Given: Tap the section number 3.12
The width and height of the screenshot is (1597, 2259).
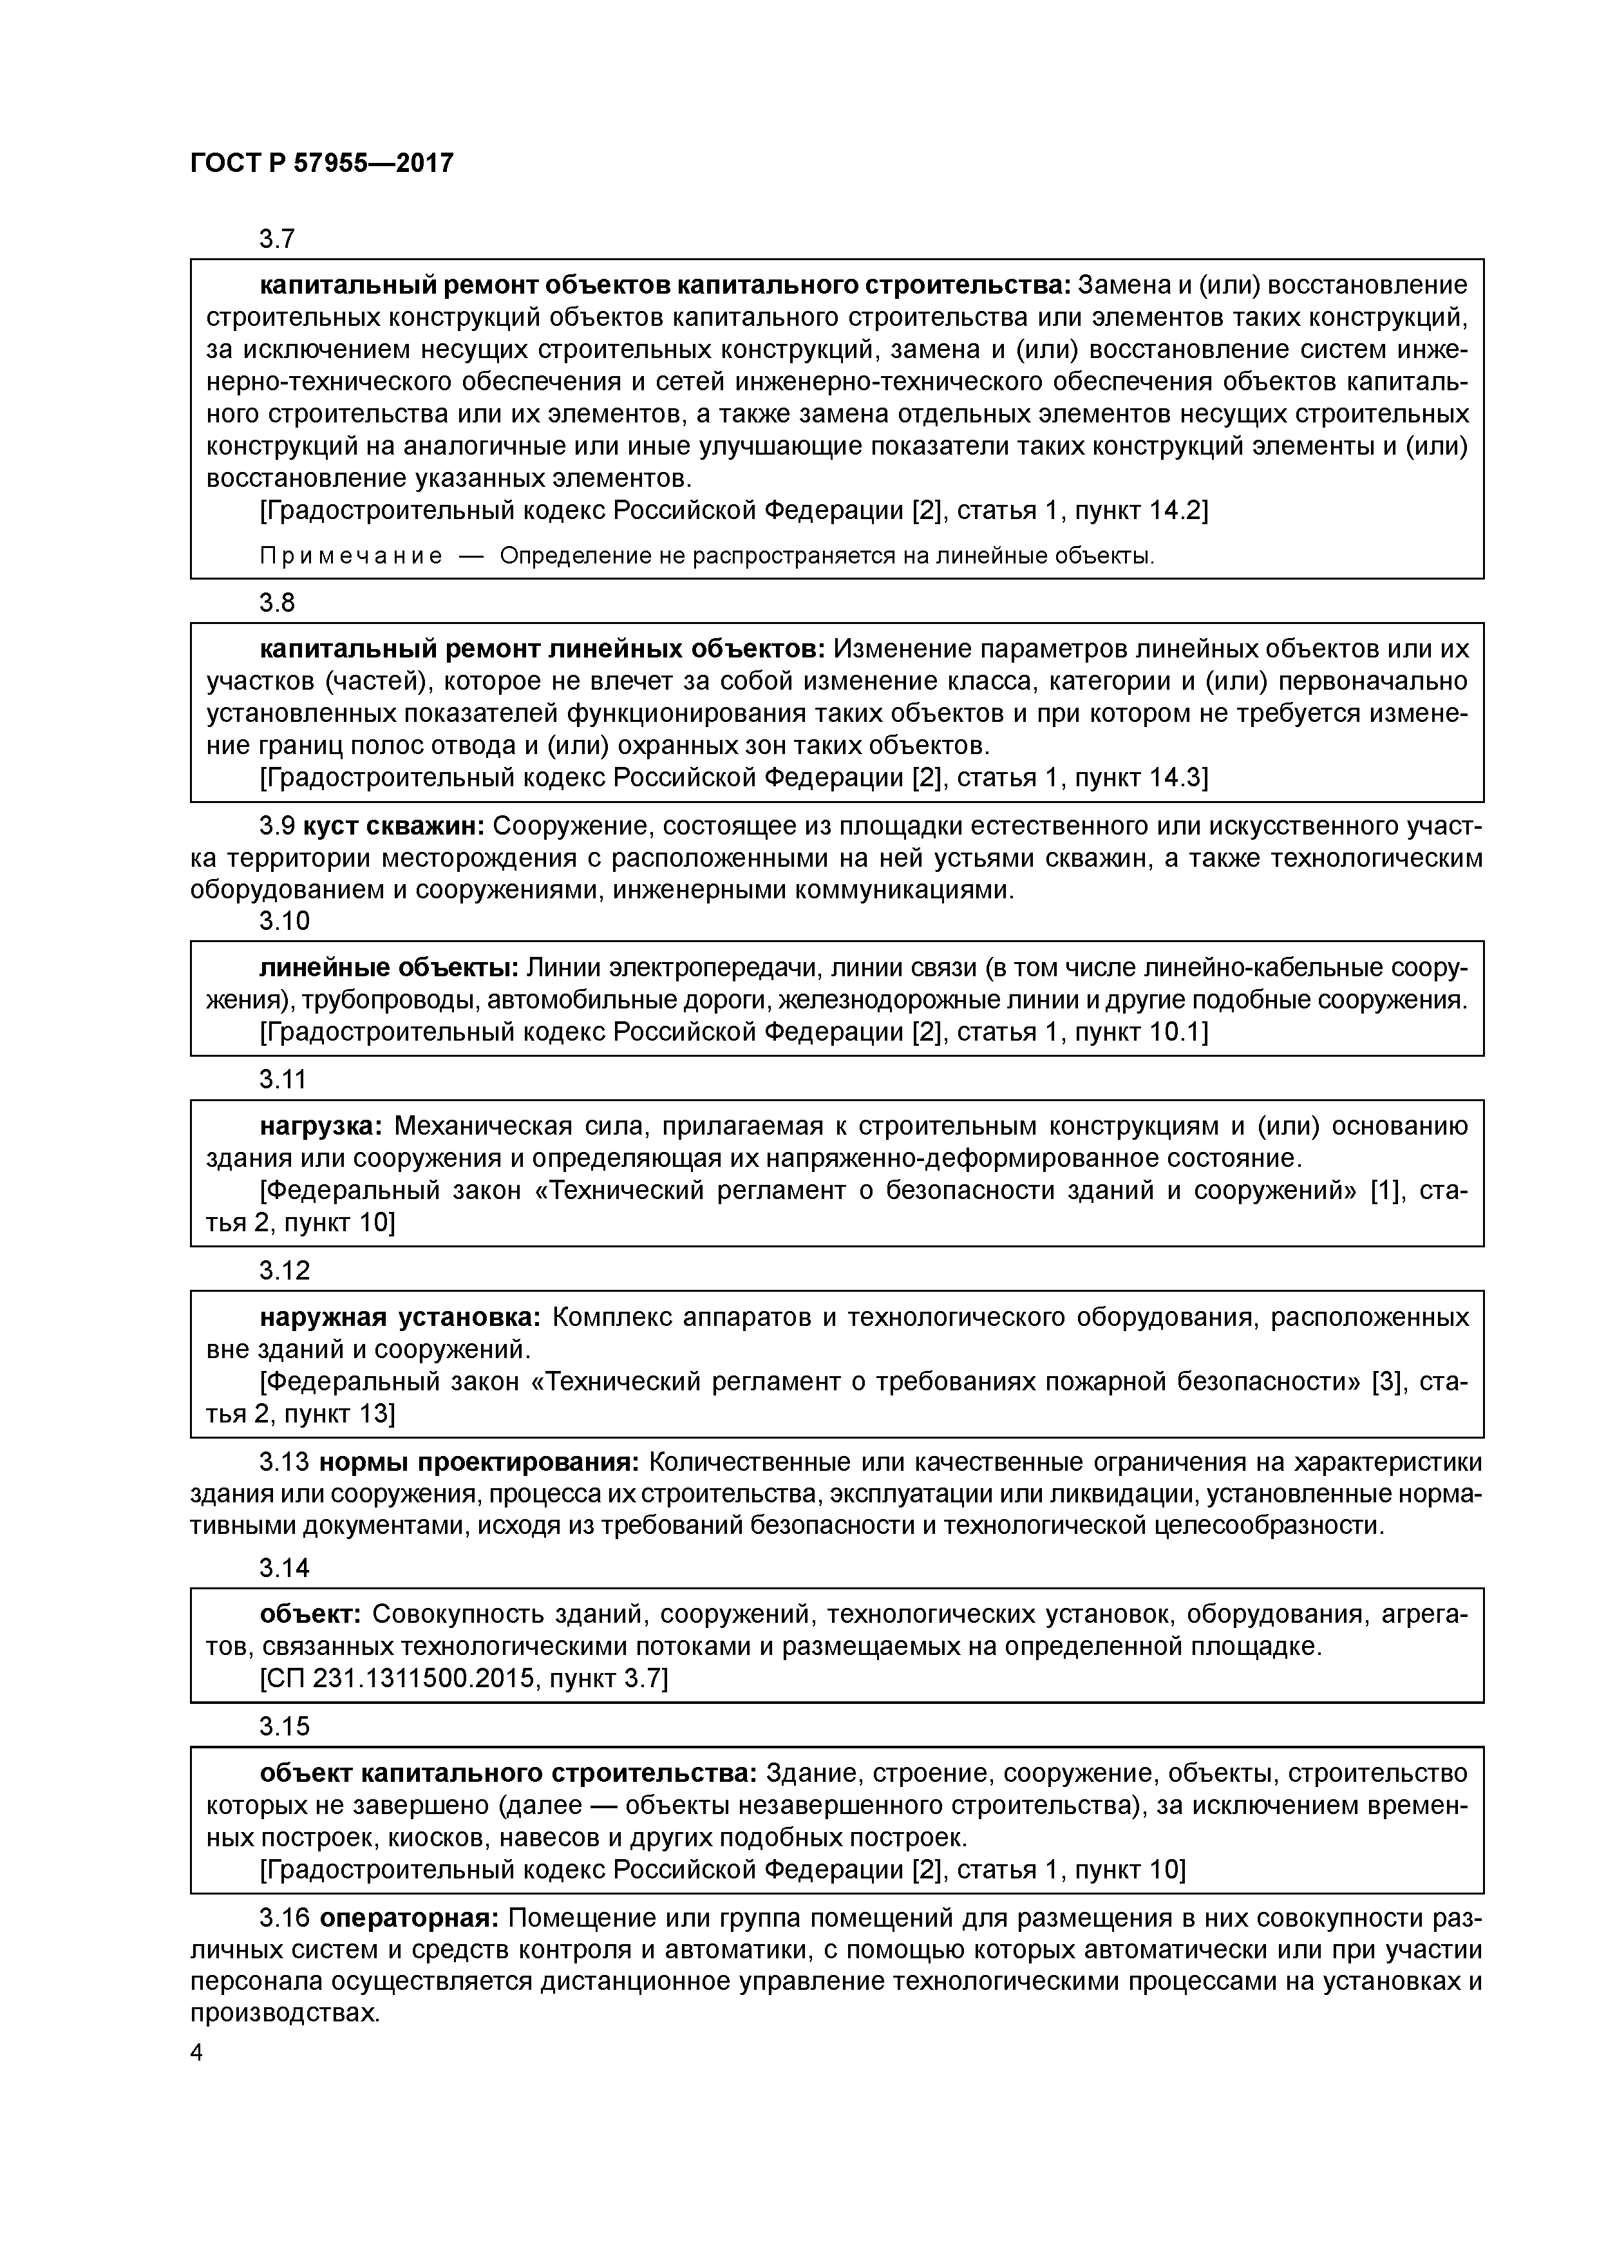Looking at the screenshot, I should tap(285, 1270).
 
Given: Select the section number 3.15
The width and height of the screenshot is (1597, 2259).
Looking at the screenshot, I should tap(285, 1726).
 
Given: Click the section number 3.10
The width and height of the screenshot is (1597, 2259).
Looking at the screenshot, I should tap(285, 921).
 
